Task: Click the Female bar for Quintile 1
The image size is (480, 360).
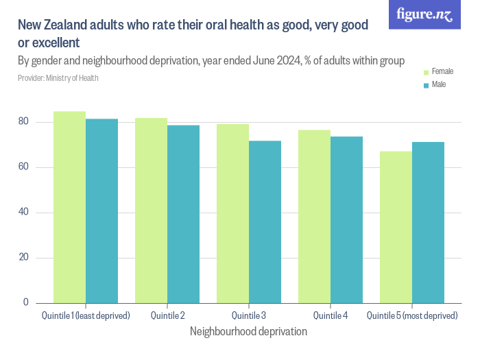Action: [x=69, y=207]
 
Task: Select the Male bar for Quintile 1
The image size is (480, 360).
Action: [x=101, y=211]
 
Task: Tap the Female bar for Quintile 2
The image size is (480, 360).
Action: [x=151, y=211]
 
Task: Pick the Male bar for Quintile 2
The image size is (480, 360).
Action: [x=183, y=214]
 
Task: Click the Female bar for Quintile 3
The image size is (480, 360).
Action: [x=232, y=213]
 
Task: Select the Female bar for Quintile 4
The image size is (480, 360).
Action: [x=314, y=216]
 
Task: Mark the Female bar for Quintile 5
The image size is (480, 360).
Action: [x=396, y=227]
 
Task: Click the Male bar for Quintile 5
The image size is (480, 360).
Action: [x=428, y=222]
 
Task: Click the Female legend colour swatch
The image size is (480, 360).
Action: [x=426, y=72]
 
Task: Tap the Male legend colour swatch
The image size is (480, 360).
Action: [x=426, y=85]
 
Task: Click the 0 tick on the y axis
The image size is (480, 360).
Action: [x=26, y=302]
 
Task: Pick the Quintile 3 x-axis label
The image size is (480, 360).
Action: [x=248, y=315]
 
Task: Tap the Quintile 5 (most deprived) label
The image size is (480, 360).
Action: [x=411, y=315]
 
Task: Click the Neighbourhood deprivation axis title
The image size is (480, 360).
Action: [x=248, y=331]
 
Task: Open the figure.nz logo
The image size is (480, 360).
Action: [x=424, y=14]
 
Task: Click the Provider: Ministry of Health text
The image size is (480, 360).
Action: [x=58, y=78]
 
